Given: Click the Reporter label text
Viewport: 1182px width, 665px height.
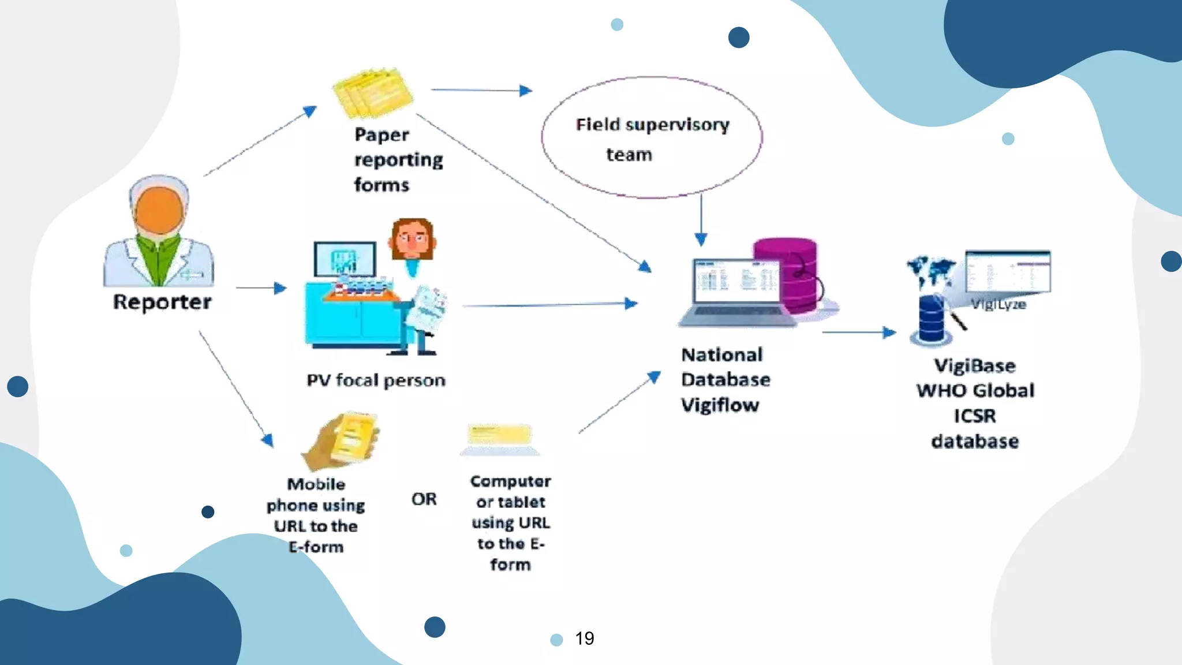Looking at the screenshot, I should [162, 302].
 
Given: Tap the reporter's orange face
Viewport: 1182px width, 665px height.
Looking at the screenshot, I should [159, 211].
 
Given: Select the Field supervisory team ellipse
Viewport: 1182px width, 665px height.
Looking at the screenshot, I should [652, 138].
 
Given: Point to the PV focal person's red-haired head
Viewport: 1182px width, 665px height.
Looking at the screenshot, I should [412, 238].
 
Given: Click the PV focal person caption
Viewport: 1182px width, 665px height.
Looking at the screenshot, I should [376, 380].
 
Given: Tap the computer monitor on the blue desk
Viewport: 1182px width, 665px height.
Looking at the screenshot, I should [345, 259].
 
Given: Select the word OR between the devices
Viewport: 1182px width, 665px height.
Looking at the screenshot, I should [424, 499].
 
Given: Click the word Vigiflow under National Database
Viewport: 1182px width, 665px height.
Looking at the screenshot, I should [720, 405].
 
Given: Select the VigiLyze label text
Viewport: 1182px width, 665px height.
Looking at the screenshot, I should [998, 304].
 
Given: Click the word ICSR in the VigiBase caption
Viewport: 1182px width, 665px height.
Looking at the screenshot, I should [975, 416].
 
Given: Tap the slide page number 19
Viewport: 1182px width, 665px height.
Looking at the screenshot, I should [584, 638].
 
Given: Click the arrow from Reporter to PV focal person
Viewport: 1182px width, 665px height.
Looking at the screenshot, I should [261, 287].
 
